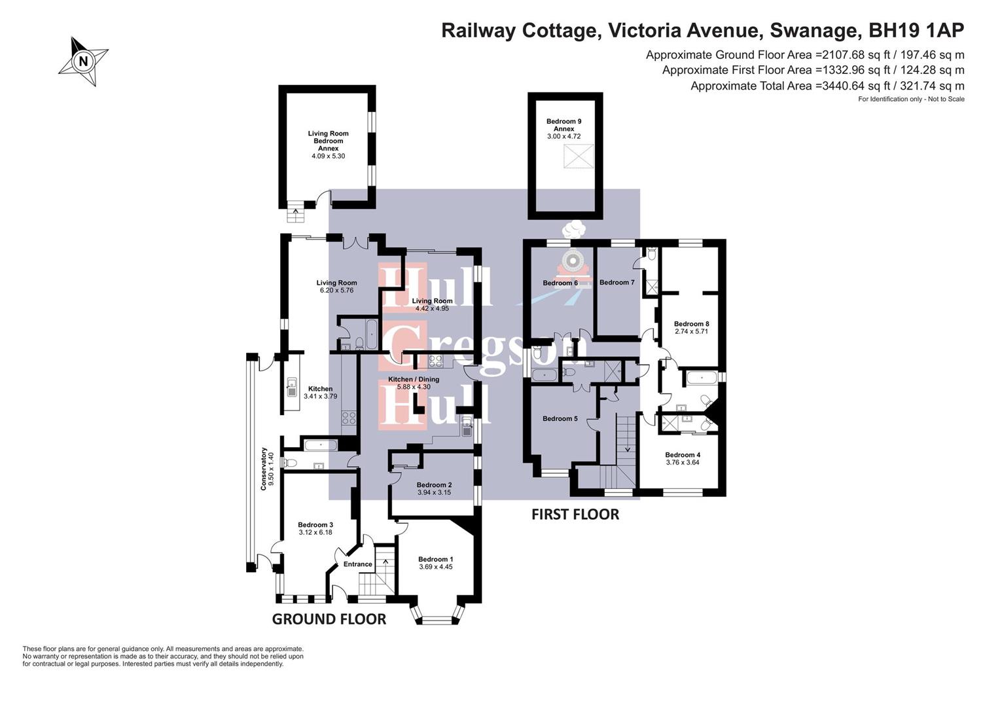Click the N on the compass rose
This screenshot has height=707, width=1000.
click(x=83, y=60)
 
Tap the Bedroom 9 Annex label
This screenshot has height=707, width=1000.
click(x=564, y=125)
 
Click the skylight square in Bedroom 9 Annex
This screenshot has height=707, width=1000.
click(x=579, y=156)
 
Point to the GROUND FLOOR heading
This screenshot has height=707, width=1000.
click(x=329, y=619)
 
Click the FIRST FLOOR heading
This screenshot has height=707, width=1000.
click(x=575, y=515)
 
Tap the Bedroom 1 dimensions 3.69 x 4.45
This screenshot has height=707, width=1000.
click(x=436, y=567)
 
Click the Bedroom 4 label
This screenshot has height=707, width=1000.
click(x=683, y=455)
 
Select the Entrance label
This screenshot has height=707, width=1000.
click(x=357, y=564)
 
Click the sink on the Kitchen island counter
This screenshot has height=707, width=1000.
click(x=291, y=388)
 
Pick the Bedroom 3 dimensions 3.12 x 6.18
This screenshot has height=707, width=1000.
click(x=315, y=532)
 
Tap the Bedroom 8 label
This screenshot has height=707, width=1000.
click(x=692, y=324)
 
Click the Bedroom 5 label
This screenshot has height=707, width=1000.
click(x=560, y=418)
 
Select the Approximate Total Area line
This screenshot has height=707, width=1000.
click(x=827, y=86)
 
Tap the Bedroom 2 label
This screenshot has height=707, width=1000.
click(x=434, y=484)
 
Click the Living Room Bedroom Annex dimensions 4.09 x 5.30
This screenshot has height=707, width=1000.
click(x=328, y=156)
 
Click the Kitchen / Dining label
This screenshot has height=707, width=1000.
click(x=414, y=379)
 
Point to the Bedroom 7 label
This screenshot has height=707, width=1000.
click(x=616, y=282)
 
